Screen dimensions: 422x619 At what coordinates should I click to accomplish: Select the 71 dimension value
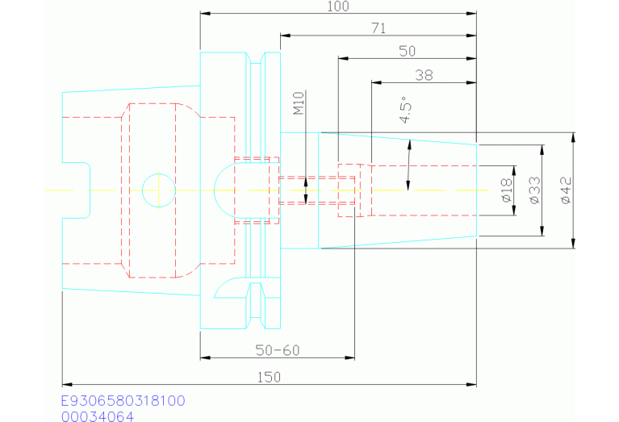click(379, 28)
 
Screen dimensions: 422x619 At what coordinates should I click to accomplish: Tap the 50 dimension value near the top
click(408, 51)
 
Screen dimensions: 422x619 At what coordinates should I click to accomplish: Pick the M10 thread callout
click(298, 103)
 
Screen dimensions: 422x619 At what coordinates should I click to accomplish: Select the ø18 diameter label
click(506, 190)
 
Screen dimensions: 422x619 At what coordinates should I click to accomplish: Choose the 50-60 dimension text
click(277, 351)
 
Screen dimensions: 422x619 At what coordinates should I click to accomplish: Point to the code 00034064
click(98, 416)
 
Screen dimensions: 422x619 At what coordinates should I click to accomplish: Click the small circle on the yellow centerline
click(158, 190)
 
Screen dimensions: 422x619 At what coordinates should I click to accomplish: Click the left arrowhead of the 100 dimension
click(204, 14)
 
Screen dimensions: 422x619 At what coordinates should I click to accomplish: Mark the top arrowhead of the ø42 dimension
click(572, 136)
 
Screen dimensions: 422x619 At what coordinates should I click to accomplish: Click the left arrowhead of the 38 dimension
click(374, 81)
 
